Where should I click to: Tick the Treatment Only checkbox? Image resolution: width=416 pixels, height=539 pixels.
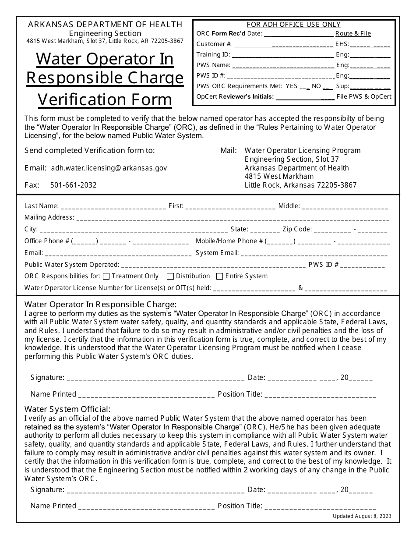[x=106, y=276]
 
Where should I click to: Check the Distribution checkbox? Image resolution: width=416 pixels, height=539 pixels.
[x=170, y=276]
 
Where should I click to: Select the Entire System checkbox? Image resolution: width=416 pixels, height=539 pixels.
[x=219, y=276]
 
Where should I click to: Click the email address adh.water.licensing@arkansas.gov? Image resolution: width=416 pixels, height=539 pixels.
[x=109, y=168]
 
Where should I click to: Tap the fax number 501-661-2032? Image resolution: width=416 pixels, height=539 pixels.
[x=74, y=185]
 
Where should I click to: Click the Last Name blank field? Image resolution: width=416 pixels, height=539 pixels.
[x=113, y=206]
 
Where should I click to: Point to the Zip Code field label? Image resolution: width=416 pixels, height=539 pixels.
[x=297, y=229]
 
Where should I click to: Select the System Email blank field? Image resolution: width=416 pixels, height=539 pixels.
[x=315, y=253]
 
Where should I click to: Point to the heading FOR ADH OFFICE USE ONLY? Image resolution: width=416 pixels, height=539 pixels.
[x=294, y=25]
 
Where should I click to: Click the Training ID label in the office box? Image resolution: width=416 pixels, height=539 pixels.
[x=213, y=55]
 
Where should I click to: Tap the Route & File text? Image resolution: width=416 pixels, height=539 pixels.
[x=353, y=33]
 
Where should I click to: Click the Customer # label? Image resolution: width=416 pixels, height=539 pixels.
[x=214, y=44]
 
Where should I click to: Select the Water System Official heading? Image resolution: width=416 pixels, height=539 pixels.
[x=67, y=409]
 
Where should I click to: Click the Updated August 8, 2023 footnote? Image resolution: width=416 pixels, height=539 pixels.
[x=362, y=516]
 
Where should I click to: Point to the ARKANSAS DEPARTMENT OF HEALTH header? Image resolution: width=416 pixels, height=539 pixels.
[x=105, y=24]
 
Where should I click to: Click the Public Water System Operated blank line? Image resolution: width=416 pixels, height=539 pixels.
[x=213, y=265]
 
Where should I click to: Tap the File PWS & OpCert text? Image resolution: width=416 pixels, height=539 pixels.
[x=364, y=97]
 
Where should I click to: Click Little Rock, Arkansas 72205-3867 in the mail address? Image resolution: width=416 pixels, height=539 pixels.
[x=300, y=185]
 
